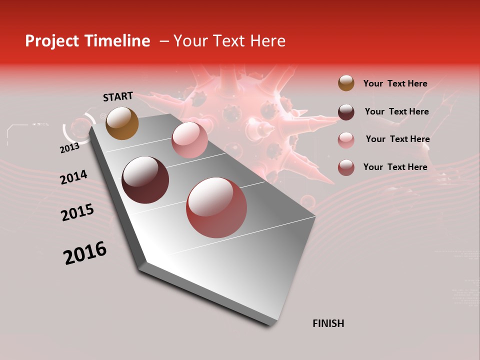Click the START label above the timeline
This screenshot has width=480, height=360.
(118, 96)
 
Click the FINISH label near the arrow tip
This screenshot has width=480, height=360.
(328, 323)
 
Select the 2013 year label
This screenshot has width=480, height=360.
(69, 147)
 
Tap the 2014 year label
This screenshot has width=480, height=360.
(73, 177)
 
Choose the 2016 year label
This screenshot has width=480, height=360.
(85, 253)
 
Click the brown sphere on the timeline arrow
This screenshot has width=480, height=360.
(122, 123)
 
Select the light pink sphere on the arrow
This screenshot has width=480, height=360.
(189, 140)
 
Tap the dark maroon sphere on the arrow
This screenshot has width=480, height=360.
(145, 180)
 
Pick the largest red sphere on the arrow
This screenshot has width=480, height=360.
(217, 207)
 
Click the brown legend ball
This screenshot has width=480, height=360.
(346, 83)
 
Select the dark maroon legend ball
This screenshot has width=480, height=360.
(346, 112)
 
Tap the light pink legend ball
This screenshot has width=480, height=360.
(346, 140)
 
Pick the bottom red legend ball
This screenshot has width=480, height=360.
(346, 167)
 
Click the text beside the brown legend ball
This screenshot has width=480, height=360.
(395, 83)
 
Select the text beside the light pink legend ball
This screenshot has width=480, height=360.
(397, 139)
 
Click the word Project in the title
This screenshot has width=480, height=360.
(52, 41)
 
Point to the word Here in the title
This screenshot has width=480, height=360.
(267, 41)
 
